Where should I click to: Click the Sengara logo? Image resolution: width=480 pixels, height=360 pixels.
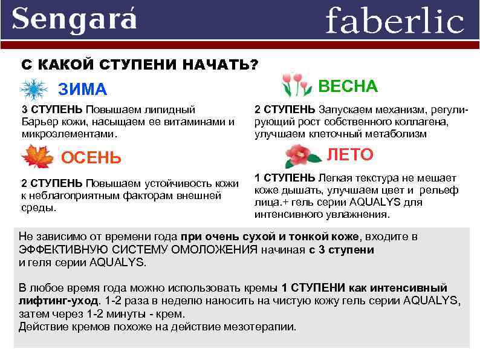pyautogui.click(x=74, y=19)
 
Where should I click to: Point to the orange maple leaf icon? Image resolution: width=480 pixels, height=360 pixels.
pyautogui.click(x=37, y=157)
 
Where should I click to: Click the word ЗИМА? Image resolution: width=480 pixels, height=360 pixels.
pyautogui.click(x=82, y=90)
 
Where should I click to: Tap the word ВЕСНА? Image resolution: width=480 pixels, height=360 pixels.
pyautogui.click(x=348, y=86)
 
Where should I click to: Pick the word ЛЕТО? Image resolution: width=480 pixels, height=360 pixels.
pyautogui.click(x=350, y=155)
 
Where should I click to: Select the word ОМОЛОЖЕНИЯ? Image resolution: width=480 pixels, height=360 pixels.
pyautogui.click(x=210, y=249)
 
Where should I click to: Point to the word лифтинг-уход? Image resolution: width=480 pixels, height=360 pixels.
pyautogui.click(x=59, y=300)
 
